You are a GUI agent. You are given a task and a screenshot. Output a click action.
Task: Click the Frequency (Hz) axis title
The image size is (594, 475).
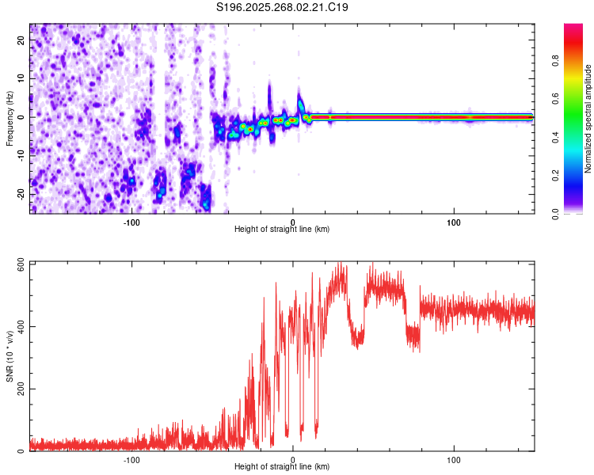[x=10, y=119]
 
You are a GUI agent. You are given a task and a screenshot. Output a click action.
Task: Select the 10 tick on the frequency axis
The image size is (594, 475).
[x=21, y=78]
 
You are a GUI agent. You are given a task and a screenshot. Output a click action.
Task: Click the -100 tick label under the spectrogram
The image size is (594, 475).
[x=131, y=222]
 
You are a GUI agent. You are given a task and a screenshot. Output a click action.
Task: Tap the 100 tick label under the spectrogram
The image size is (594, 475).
[x=454, y=222]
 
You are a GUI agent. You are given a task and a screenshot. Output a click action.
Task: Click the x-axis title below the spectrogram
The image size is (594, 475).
[x=282, y=230]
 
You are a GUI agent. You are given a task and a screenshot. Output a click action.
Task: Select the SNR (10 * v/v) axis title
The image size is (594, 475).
[x=10, y=356]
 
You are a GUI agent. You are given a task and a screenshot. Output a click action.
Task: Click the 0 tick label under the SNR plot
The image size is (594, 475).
[x=293, y=459]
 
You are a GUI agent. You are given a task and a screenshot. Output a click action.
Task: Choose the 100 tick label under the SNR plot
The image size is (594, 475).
[x=454, y=459]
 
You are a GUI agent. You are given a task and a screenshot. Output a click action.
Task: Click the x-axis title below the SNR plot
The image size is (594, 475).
[x=282, y=467]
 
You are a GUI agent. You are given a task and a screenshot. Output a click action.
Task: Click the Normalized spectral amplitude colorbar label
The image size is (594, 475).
[x=588, y=119]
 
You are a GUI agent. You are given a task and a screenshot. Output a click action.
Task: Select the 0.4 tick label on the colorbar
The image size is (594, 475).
[x=577, y=137]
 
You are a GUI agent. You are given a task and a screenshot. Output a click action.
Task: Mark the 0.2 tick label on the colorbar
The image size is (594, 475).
[x=577, y=175]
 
